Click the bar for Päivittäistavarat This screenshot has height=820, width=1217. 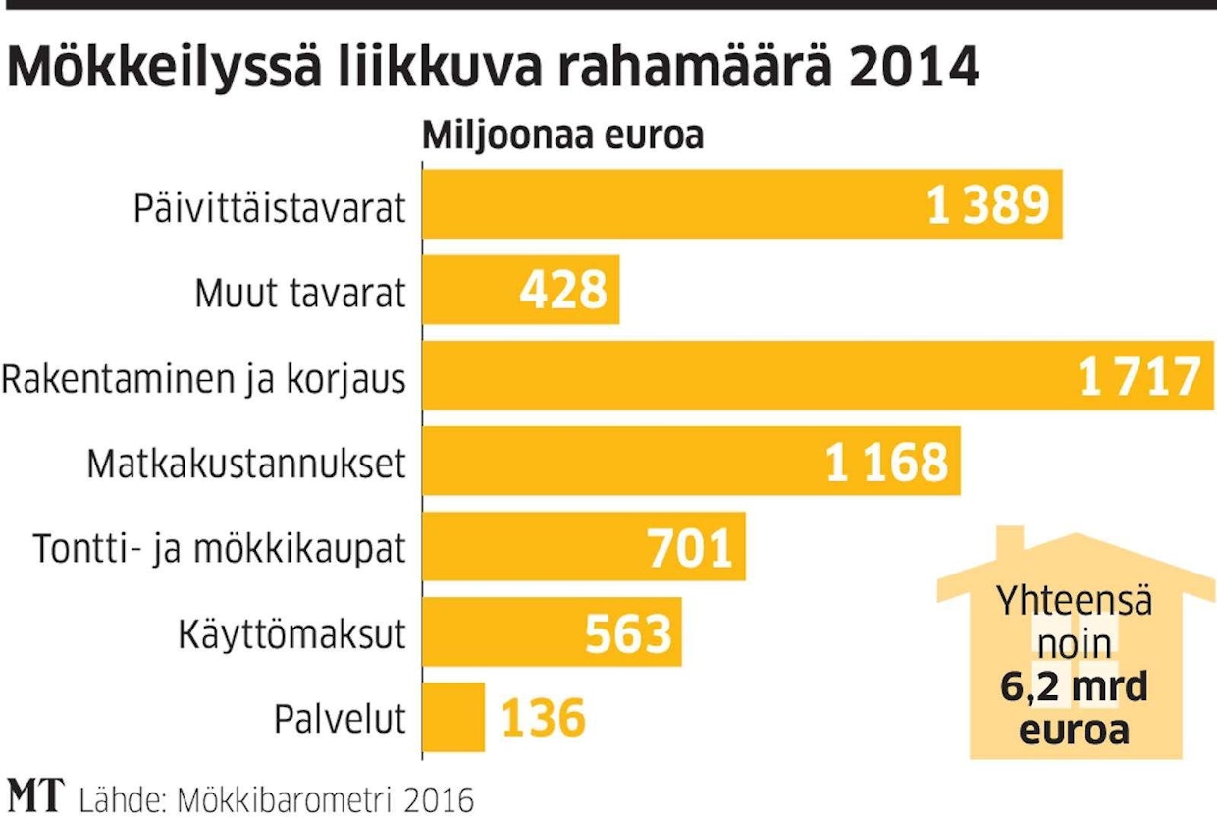667,204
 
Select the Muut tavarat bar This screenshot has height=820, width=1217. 471,290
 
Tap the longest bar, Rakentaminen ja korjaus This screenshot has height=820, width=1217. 746,375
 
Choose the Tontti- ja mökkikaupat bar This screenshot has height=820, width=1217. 530,546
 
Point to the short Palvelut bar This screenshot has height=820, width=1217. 453,717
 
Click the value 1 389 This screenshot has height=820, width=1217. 988,204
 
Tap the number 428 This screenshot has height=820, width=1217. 563,290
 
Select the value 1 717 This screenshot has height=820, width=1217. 1139,376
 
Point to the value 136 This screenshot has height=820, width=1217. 544,718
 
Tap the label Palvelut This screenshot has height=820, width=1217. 340,718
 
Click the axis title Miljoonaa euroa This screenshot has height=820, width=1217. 562,136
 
